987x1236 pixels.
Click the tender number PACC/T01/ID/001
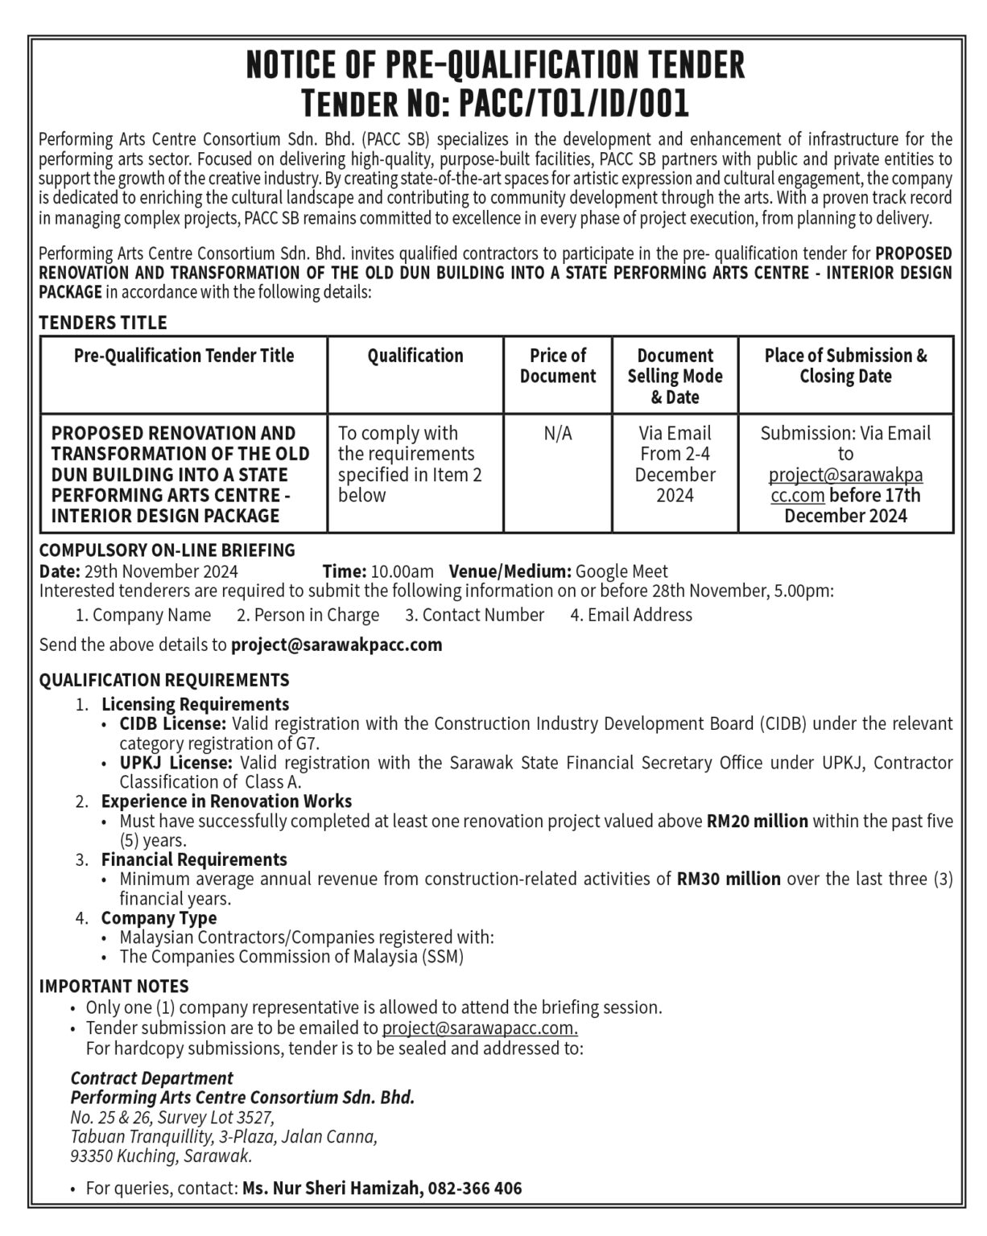[573, 104]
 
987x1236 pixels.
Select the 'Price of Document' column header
[558, 366]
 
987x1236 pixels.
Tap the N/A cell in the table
[558, 434]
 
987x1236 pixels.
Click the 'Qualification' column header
[415, 356]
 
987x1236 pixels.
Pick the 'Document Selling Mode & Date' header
[675, 376]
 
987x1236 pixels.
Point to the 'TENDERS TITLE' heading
[103, 323]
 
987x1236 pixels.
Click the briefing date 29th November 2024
[159, 571]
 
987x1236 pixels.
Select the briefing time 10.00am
[402, 571]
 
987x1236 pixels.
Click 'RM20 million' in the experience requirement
[757, 822]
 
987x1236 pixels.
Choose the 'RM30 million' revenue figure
[729, 879]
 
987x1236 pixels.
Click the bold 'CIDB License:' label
[173, 723]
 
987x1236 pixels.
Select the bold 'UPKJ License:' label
[176, 762]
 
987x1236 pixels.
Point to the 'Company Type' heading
[159, 918]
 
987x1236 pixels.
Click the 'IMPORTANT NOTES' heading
[114, 987]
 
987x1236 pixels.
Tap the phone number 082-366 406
[475, 1188]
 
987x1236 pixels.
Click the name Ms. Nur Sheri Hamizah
[332, 1188]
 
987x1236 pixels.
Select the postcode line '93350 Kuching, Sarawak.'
[161, 1156]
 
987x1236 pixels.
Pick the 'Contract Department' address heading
[151, 1078]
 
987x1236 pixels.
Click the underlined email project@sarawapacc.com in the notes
[480, 1028]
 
